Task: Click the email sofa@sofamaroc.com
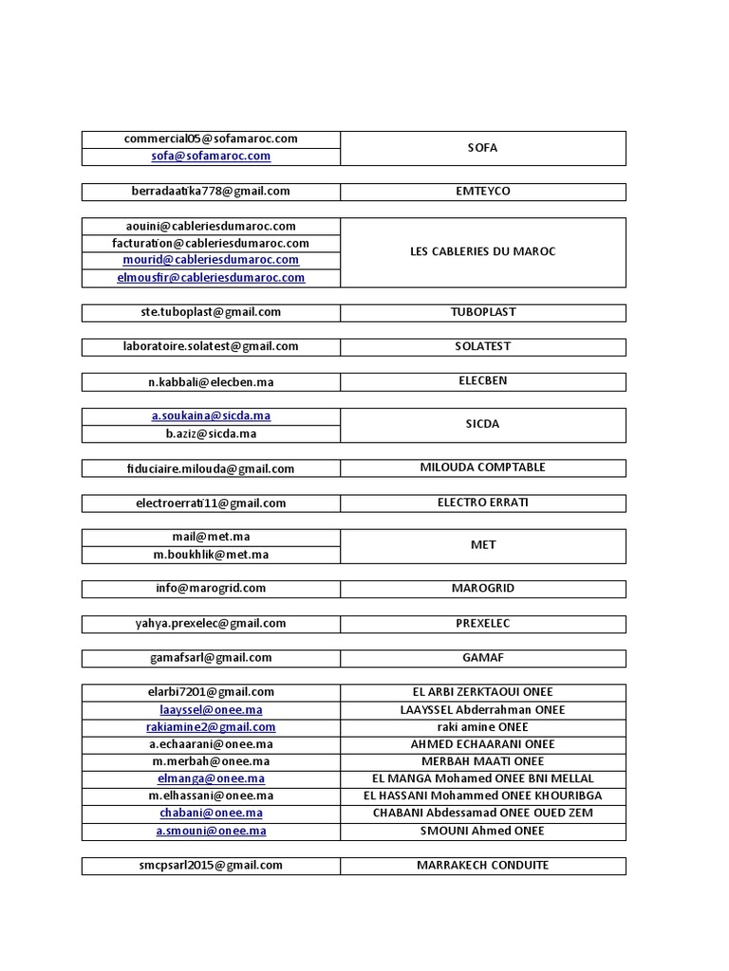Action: click(x=211, y=156)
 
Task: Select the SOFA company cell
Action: click(x=482, y=148)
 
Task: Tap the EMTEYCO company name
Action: click(x=482, y=192)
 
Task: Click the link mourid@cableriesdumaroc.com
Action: click(x=211, y=260)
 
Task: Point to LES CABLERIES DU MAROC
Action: click(x=482, y=252)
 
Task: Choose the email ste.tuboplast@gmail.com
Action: click(x=211, y=312)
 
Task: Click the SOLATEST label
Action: click(x=482, y=347)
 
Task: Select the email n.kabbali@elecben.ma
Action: click(x=211, y=382)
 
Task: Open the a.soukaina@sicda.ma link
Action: click(x=211, y=416)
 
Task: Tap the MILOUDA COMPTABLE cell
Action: click(x=482, y=467)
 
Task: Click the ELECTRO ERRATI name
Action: click(x=482, y=503)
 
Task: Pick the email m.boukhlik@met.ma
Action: click(x=211, y=555)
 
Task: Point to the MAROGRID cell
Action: click(x=482, y=589)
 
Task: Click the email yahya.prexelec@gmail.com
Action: click(x=211, y=624)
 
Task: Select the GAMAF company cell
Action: click(x=482, y=658)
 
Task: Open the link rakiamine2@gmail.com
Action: click(x=211, y=727)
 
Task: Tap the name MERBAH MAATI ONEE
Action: click(x=482, y=761)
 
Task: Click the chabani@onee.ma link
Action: click(x=211, y=814)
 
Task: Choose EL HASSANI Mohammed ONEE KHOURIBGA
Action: click(x=482, y=796)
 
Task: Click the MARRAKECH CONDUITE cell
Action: click(x=482, y=865)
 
